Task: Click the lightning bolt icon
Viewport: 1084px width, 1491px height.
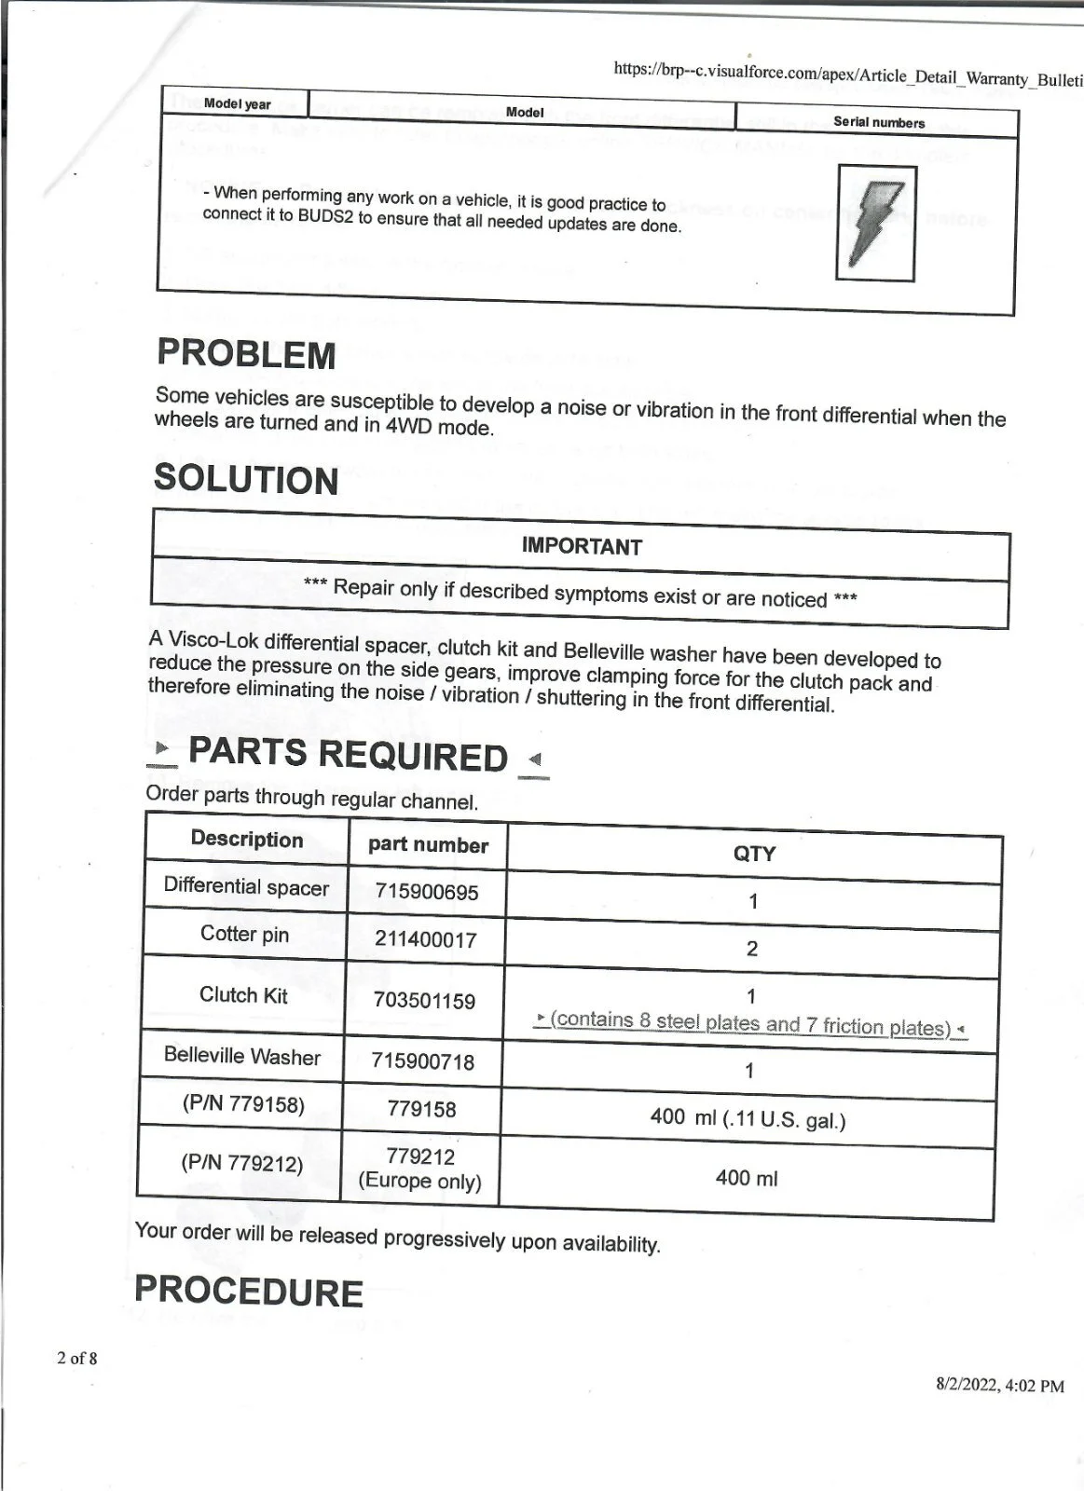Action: click(875, 223)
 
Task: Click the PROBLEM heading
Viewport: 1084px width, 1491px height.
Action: click(246, 355)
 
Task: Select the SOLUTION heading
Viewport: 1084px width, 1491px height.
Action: click(246, 479)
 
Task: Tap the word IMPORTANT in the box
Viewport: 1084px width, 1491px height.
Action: click(582, 546)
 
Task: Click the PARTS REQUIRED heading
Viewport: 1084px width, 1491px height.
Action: click(348, 755)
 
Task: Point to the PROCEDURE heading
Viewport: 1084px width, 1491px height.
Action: click(249, 1292)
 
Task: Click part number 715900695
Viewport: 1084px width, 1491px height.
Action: click(427, 892)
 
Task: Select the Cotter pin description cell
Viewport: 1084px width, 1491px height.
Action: click(244, 934)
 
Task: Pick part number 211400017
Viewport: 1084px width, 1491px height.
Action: click(425, 939)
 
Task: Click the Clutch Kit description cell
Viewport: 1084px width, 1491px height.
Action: click(243, 995)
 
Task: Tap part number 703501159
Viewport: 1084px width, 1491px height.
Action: click(424, 1001)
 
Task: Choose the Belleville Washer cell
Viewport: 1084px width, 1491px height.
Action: click(241, 1056)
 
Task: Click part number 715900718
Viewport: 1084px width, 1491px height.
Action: click(423, 1061)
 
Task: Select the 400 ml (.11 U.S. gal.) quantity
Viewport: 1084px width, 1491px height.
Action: click(748, 1117)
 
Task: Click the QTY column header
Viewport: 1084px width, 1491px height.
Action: click(754, 854)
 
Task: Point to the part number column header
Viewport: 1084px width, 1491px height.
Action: click(428, 845)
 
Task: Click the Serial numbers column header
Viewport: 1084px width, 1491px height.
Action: click(879, 122)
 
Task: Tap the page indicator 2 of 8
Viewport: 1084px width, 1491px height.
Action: click(77, 1358)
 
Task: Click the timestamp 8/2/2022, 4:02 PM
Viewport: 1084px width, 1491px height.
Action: click(999, 1386)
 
